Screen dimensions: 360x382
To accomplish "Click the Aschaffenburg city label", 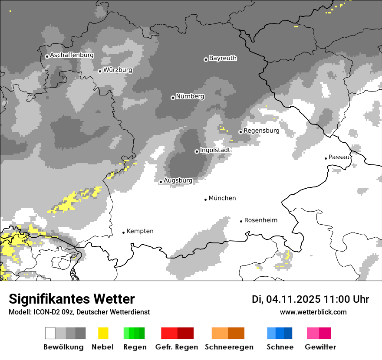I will pyautogui.click(x=72, y=56).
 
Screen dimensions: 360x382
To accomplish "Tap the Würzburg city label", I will pyautogui.click(x=118, y=70).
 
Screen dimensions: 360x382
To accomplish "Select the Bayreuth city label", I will pyautogui.click(x=223, y=58).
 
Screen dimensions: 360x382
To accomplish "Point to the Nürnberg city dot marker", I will pyautogui.click(x=173, y=98).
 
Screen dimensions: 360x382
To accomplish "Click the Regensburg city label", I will pyautogui.click(x=261, y=131).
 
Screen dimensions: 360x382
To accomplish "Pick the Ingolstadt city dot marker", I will pyautogui.click(x=197, y=151).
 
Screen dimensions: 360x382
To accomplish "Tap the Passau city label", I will pyautogui.click(x=339, y=157).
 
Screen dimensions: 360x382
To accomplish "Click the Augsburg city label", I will pyautogui.click(x=178, y=180).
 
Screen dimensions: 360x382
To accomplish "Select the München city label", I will pyautogui.click(x=222, y=198).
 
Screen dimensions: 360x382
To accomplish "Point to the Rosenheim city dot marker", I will pyautogui.click(x=241, y=221).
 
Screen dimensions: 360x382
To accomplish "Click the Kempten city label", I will pyautogui.click(x=140, y=231).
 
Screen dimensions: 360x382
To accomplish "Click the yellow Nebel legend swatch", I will pyautogui.click(x=103, y=333).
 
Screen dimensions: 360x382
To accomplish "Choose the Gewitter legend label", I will pyautogui.click(x=320, y=347).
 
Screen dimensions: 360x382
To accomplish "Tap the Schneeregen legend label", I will pyautogui.click(x=229, y=347).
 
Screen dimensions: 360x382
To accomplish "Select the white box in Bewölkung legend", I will pyautogui.click(x=50, y=333).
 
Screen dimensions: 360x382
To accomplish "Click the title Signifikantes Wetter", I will pyautogui.click(x=72, y=299).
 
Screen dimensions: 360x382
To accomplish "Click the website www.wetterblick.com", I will pyautogui.click(x=313, y=312).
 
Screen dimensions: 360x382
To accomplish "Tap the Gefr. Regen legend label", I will pyautogui.click(x=176, y=347).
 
